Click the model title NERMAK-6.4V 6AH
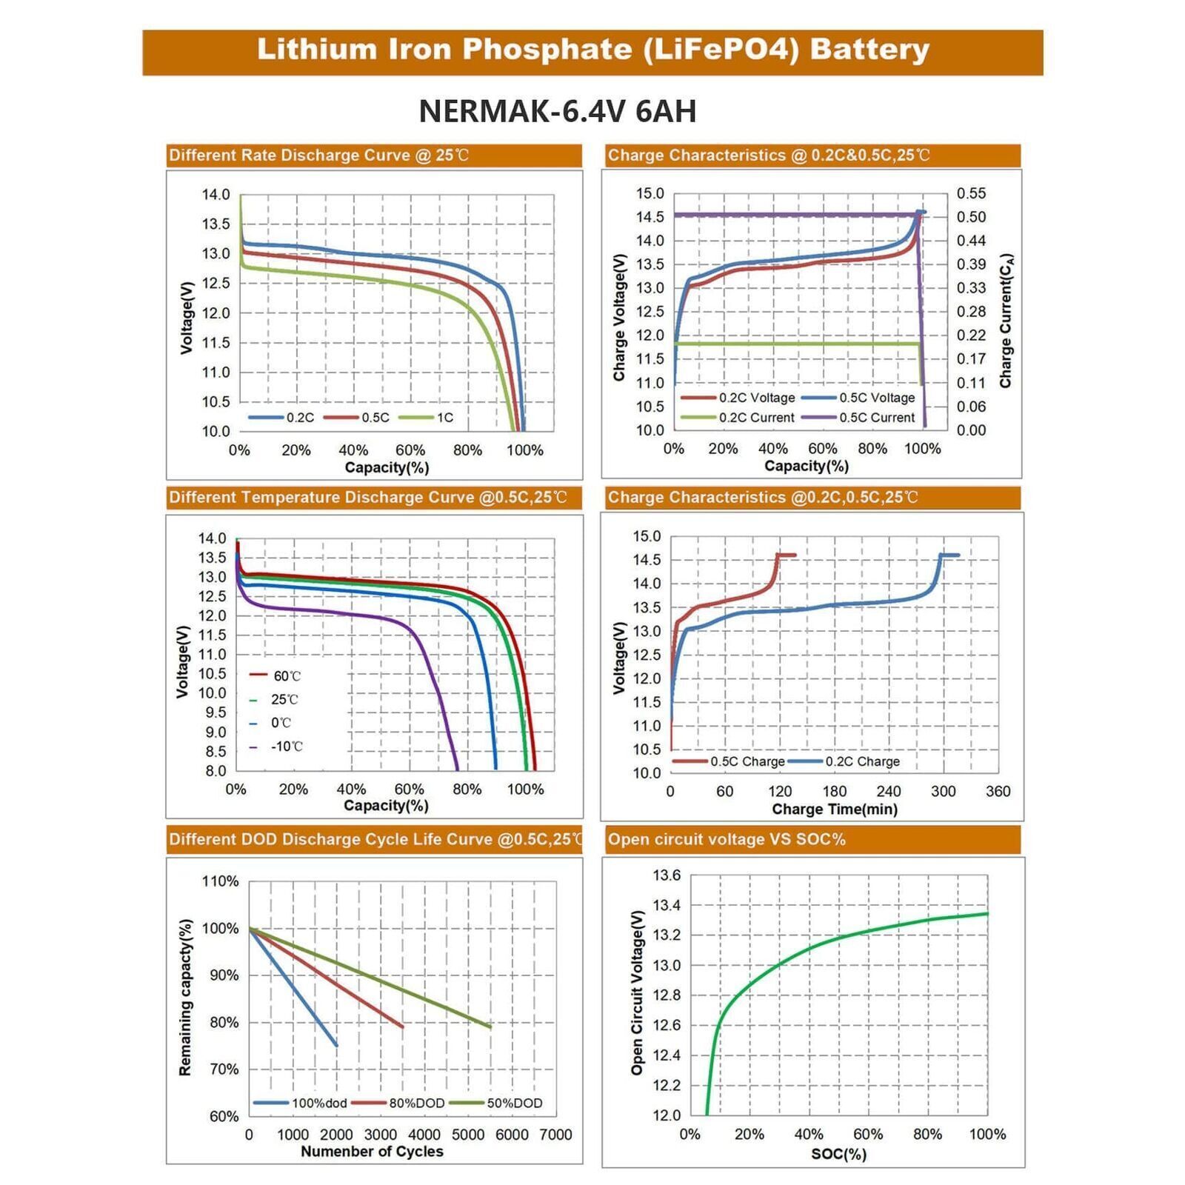(557, 112)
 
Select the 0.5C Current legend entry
(876, 418)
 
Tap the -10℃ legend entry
(286, 747)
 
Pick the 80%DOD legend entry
(416, 1103)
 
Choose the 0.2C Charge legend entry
(862, 761)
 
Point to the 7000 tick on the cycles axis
(555, 1135)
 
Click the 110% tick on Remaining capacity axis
(220, 881)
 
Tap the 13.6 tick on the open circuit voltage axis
(666, 875)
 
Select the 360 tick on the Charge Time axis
(998, 791)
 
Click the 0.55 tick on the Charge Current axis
(971, 193)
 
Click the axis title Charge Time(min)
(834, 810)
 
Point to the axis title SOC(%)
(838, 1154)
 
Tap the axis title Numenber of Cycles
(372, 1152)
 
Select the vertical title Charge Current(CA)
(1005, 321)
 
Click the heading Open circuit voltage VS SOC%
(726, 840)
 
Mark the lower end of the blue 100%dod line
(336, 1045)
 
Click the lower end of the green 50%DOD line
(490, 1027)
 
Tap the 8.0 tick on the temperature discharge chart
(216, 771)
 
